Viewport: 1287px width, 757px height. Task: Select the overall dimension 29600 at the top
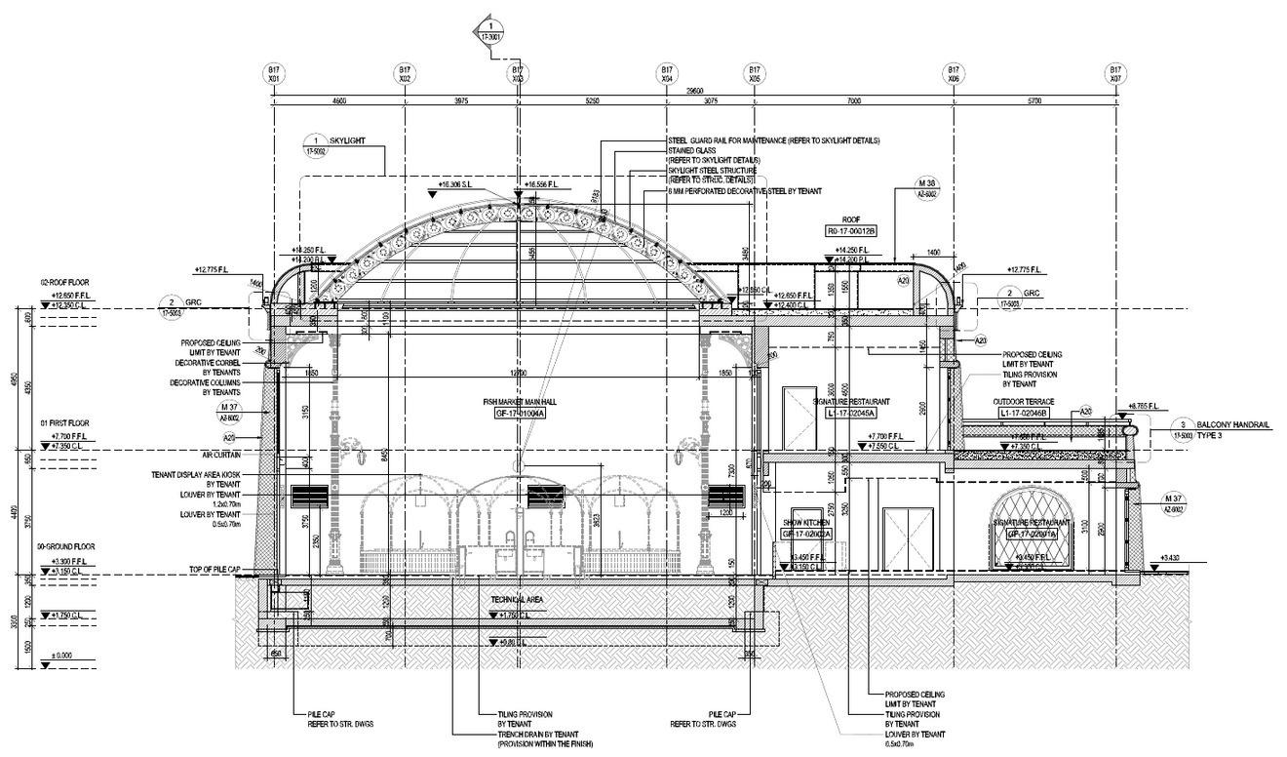click(694, 90)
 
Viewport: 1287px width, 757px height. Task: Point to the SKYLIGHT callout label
click(347, 140)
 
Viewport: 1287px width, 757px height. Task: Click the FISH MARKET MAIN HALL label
click(519, 402)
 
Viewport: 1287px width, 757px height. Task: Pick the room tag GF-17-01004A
click(520, 414)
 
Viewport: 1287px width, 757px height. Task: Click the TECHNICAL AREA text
click(518, 599)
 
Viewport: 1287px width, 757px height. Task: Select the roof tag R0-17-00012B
click(851, 231)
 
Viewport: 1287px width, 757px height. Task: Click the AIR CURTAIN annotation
click(220, 455)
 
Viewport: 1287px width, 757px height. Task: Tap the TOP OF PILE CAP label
click(214, 569)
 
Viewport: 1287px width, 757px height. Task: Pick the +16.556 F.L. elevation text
click(542, 183)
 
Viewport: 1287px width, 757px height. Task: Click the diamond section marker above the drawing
click(492, 28)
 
